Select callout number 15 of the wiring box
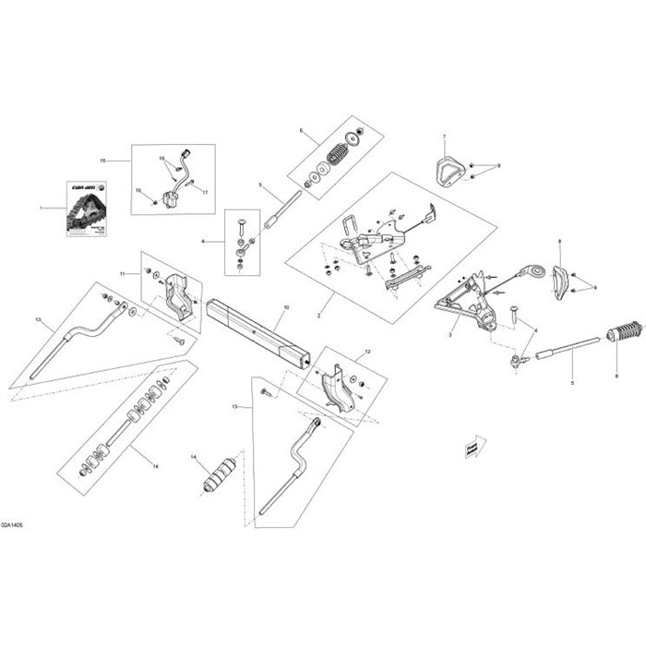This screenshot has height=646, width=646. [102, 161]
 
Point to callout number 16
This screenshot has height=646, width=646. [160, 159]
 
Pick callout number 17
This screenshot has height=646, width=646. [206, 192]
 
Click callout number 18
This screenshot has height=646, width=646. [138, 191]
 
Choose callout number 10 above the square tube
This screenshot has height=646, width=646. [285, 305]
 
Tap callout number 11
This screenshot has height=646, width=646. [122, 273]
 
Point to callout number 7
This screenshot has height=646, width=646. [443, 137]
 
